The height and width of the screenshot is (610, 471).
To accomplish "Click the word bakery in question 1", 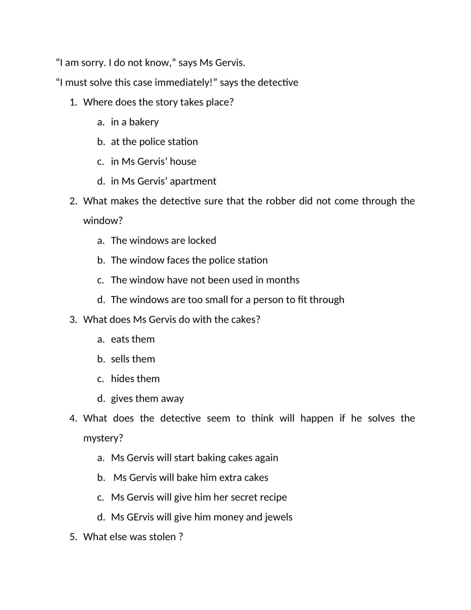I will (x=144, y=122).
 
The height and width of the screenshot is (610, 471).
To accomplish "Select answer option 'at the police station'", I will (x=154, y=142).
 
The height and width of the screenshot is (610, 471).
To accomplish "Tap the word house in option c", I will (x=183, y=161).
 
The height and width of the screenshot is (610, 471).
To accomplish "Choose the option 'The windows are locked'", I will (x=163, y=240).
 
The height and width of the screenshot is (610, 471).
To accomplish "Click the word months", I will (x=283, y=280).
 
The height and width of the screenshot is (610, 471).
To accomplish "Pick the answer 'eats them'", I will (x=133, y=339).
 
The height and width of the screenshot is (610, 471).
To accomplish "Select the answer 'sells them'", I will (x=133, y=359).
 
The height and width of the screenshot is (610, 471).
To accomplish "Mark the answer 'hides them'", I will (x=135, y=379).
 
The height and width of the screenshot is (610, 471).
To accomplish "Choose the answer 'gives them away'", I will (x=147, y=399).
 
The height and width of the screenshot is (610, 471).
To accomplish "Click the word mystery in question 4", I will (x=103, y=438).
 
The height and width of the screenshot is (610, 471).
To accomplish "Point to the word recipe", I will (x=273, y=497).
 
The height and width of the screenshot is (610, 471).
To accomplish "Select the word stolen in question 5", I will (x=162, y=537).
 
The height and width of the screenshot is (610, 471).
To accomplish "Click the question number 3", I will (x=73, y=320).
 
